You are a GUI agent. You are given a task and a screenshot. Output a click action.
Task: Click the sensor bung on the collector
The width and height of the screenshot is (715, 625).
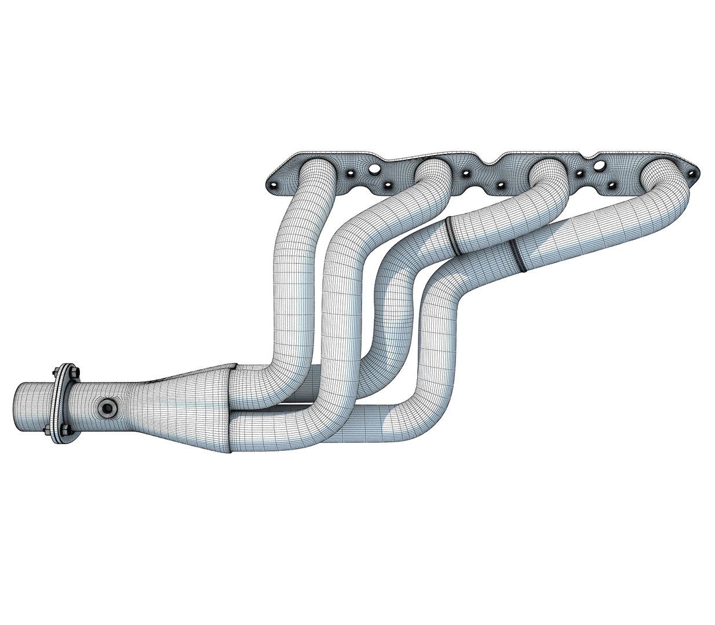click(107, 408)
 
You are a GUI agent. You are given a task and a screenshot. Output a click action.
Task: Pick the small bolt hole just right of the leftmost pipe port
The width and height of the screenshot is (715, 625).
click(350, 172)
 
